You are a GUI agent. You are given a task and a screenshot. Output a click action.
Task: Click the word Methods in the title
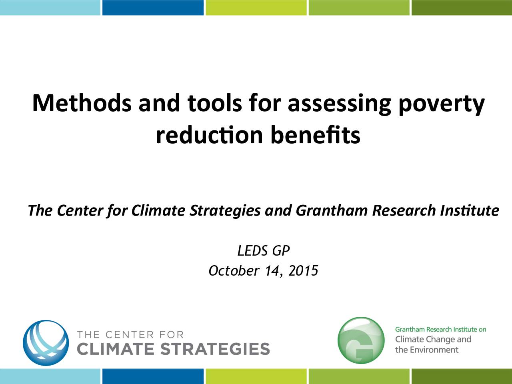pos(82,103)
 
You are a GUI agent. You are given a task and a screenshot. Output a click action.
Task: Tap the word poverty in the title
pos(442,104)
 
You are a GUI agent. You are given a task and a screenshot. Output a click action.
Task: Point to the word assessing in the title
pos(339,104)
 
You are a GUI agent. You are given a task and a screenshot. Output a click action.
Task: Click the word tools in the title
pos(214,103)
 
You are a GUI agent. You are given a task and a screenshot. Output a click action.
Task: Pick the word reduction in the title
pos(210,135)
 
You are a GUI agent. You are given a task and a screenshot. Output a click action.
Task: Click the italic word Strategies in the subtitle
pos(225,210)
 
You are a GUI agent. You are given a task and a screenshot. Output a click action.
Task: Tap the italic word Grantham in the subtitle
pos(331,210)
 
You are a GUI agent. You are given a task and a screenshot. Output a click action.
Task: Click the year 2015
pos(303,271)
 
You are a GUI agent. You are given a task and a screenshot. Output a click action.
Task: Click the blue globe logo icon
pos(46,343)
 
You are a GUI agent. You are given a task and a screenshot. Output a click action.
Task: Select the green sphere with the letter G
pos(361,340)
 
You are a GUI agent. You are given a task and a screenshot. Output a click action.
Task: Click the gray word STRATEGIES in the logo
pos(215,349)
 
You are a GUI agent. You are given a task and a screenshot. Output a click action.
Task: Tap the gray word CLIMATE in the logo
pos(115,349)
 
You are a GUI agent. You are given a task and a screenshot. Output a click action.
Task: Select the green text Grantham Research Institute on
pos(441,330)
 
